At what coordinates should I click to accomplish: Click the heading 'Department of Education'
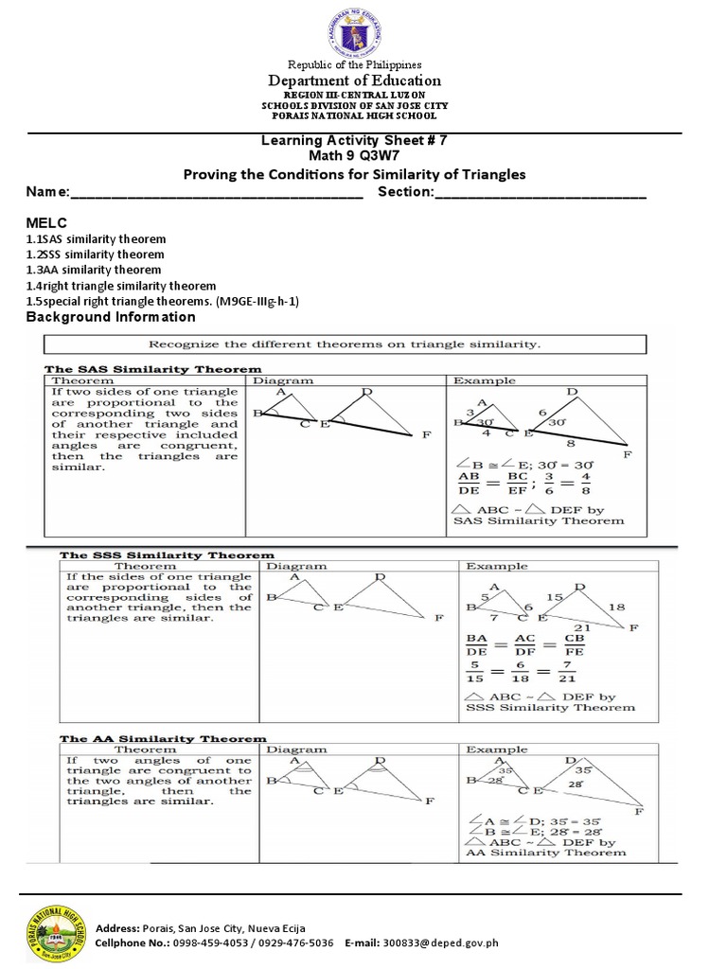pyautogui.click(x=353, y=80)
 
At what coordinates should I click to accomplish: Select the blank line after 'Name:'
pyautogui.click(x=217, y=194)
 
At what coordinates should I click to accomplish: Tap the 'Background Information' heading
pyautogui.click(x=111, y=317)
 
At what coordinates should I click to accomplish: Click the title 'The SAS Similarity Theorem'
pyautogui.click(x=153, y=368)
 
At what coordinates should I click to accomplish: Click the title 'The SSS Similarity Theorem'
pyautogui.click(x=168, y=555)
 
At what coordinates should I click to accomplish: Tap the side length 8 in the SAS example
pyautogui.click(x=571, y=441)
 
